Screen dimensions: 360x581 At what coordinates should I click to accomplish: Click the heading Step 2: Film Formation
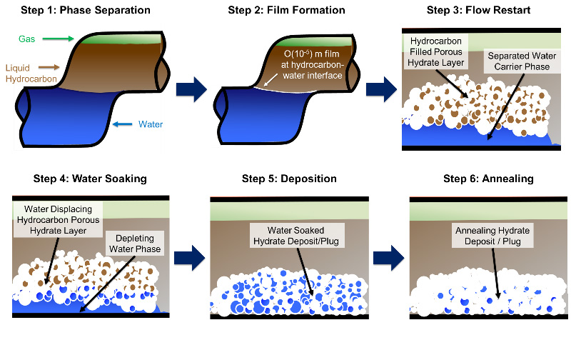[x=286, y=10]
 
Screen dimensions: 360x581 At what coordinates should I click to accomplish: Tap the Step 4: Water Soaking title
[x=90, y=179]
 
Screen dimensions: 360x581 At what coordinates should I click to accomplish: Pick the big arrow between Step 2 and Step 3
[x=380, y=89]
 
